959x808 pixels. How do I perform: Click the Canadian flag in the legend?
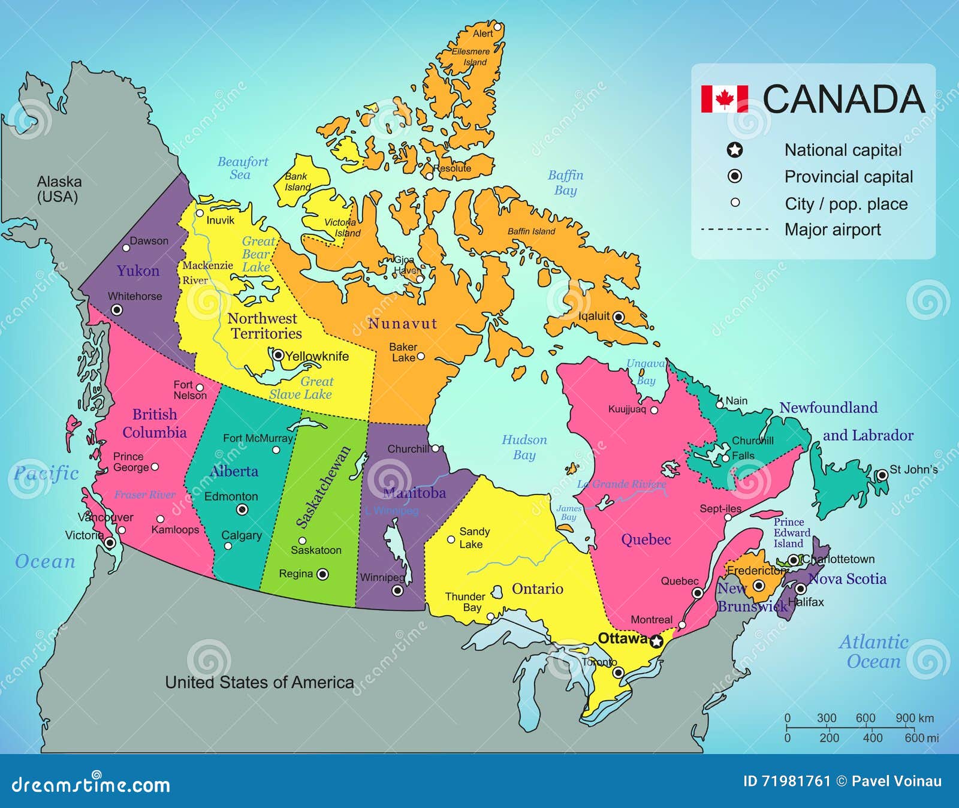point(724,99)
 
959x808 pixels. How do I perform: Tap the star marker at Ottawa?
point(656,641)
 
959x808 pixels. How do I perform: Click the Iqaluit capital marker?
point(619,316)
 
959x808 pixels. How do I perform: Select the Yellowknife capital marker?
point(278,355)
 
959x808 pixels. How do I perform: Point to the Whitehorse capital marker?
point(117,310)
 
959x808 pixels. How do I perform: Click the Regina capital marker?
point(322,574)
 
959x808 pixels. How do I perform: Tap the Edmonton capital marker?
point(242,509)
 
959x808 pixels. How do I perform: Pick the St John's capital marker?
point(882,475)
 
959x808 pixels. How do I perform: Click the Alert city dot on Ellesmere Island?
point(497,27)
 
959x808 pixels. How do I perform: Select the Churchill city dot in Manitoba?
point(436,448)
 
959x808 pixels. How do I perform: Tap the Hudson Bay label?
point(524,447)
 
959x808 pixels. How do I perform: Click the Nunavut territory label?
point(402,324)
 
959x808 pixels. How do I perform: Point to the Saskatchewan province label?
point(323,487)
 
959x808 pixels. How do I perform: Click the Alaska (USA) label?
point(59,189)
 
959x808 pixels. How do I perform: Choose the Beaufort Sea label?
point(242,168)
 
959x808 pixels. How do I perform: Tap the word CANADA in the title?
point(844,99)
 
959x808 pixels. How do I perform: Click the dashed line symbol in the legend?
point(735,229)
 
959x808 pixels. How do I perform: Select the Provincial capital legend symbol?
point(735,176)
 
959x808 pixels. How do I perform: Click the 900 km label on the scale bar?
point(915,718)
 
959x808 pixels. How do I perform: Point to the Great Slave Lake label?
point(301,388)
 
